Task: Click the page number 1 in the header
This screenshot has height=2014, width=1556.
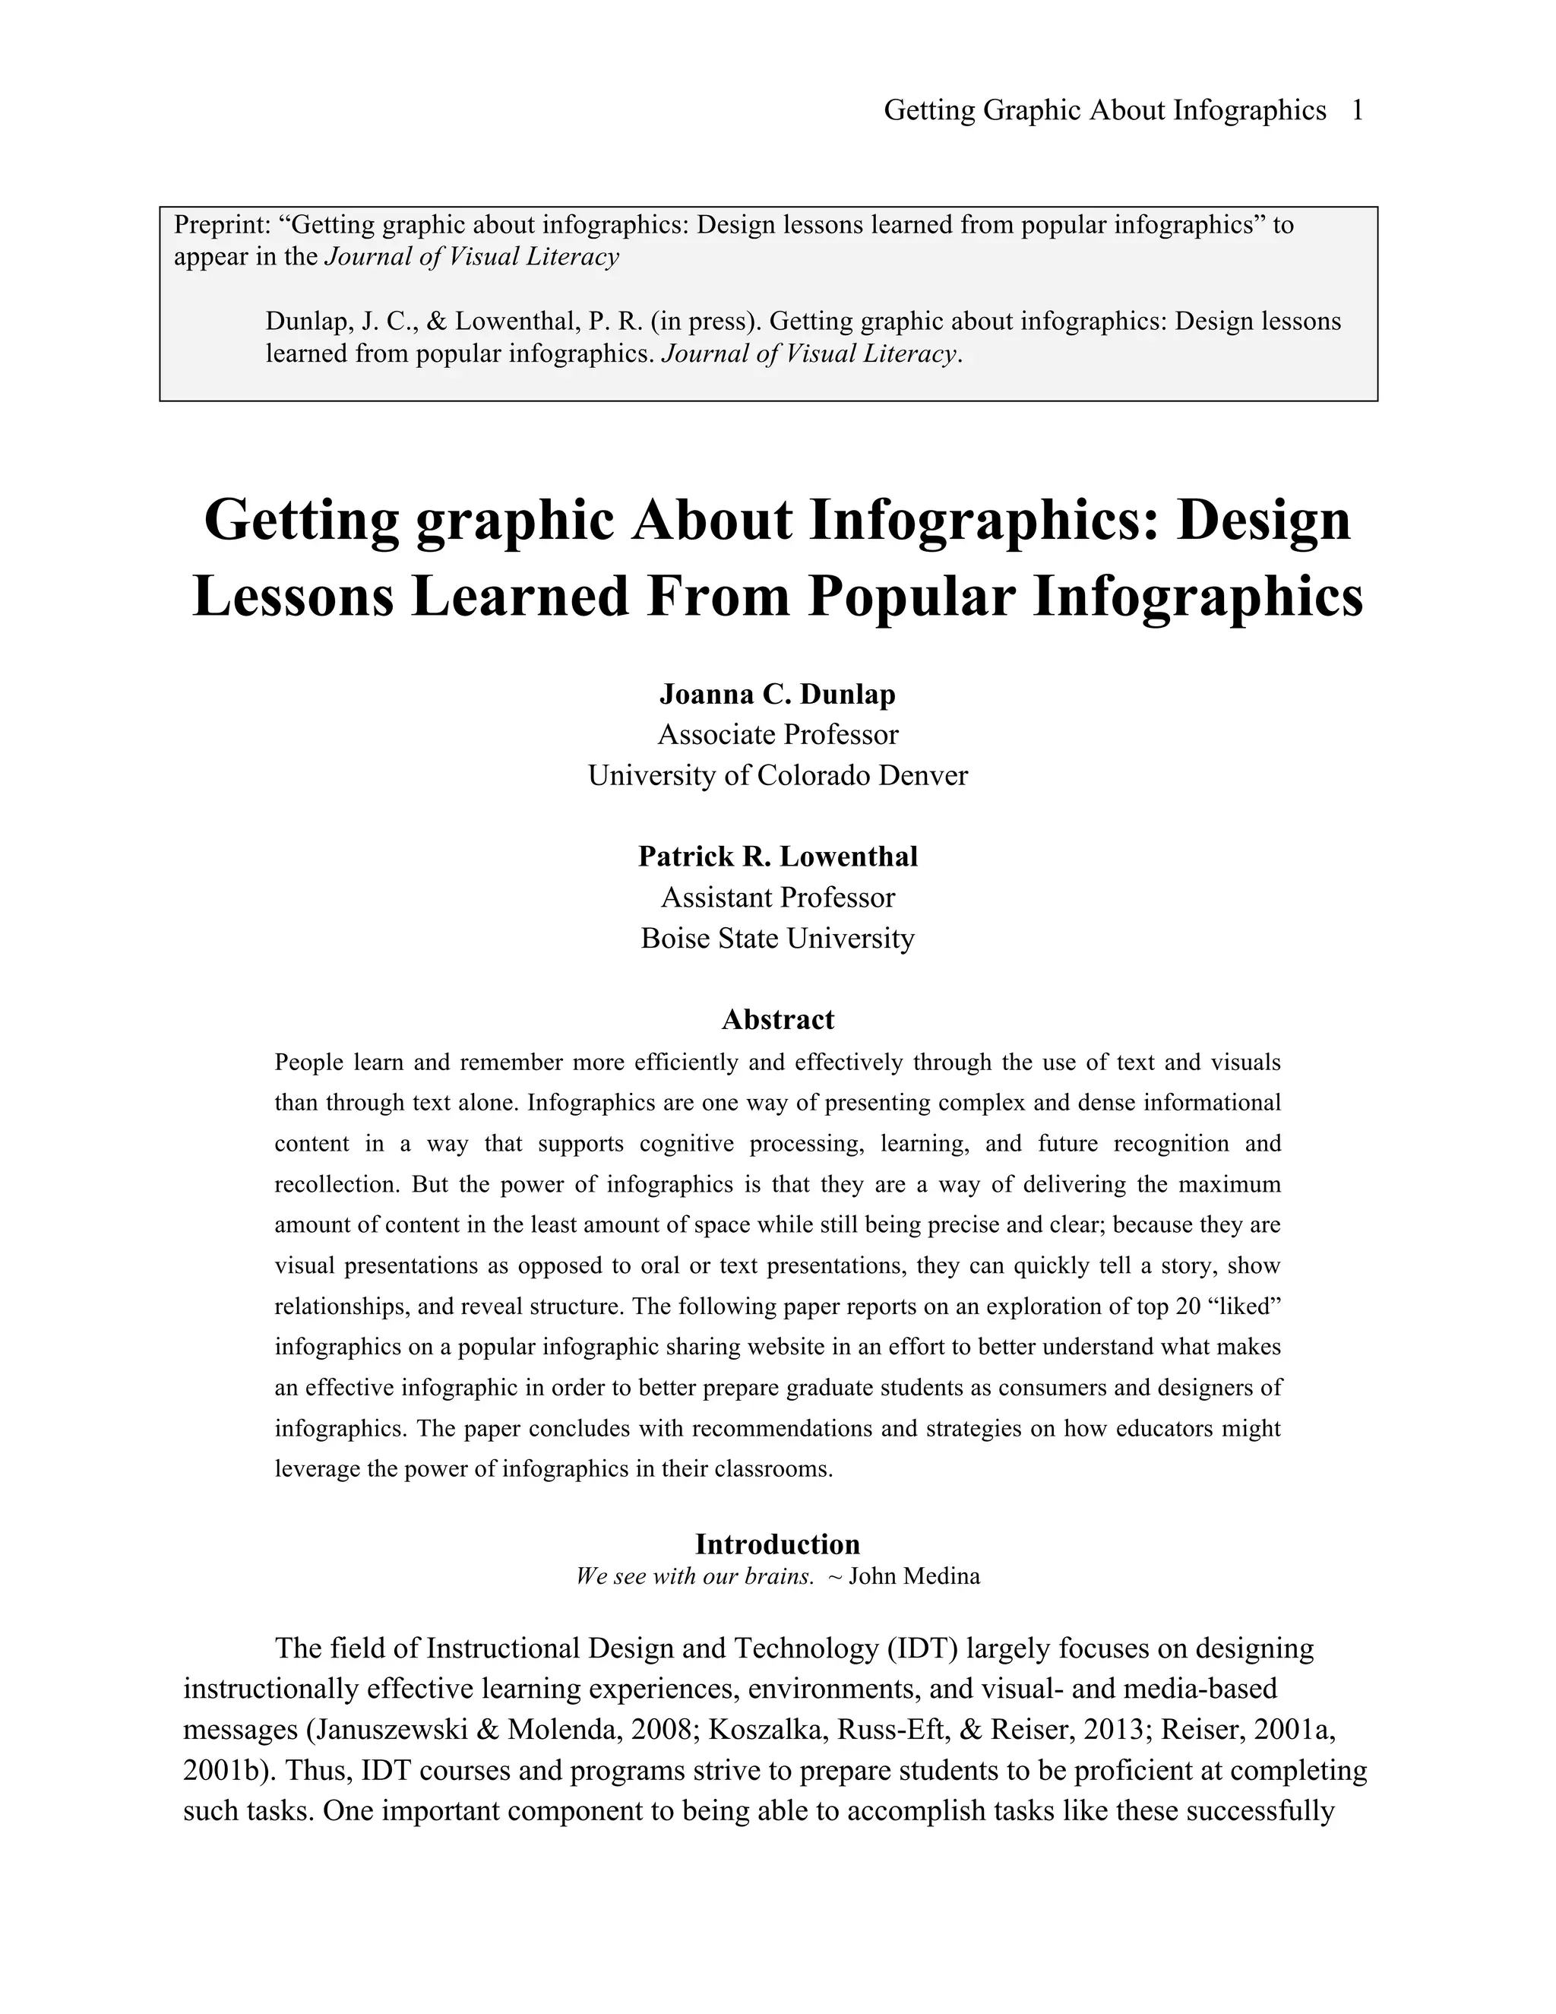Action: tap(1356, 111)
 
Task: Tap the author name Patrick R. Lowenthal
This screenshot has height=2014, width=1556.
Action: tap(777, 856)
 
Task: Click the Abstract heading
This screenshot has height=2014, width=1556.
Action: tap(777, 1019)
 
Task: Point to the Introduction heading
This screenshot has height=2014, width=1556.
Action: tap(777, 1544)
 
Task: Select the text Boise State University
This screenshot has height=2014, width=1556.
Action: tap(777, 938)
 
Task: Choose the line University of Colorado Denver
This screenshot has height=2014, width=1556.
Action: tap(777, 775)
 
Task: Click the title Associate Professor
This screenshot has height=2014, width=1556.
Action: tap(777, 735)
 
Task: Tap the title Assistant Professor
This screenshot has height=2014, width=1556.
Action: tap(777, 898)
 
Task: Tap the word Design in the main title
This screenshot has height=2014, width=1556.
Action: tap(1263, 519)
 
